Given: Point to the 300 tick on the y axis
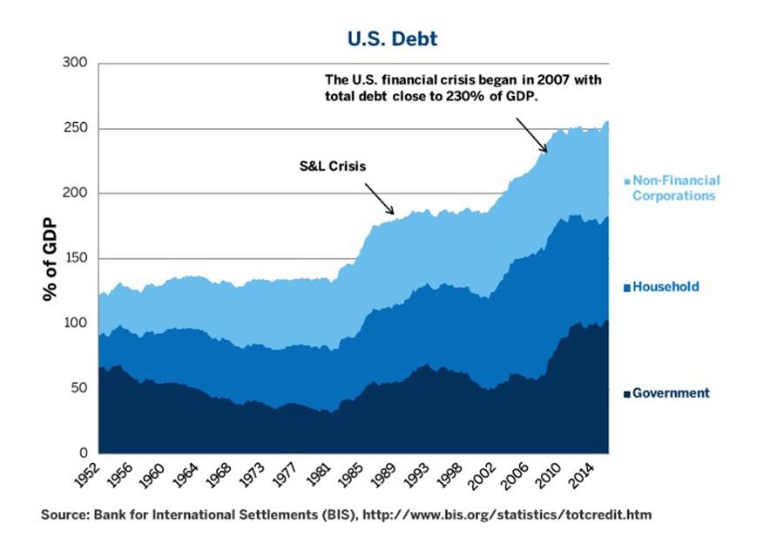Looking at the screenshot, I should (77, 64).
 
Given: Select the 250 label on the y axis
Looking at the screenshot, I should (77, 129).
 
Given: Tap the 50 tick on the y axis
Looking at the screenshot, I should (80, 388).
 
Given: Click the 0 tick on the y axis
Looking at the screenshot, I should (84, 453).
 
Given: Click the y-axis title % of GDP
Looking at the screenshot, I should (50, 259).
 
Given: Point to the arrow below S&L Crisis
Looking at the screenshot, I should (380, 198).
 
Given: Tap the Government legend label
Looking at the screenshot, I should (670, 393).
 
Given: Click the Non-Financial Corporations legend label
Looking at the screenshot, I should (674, 188).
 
